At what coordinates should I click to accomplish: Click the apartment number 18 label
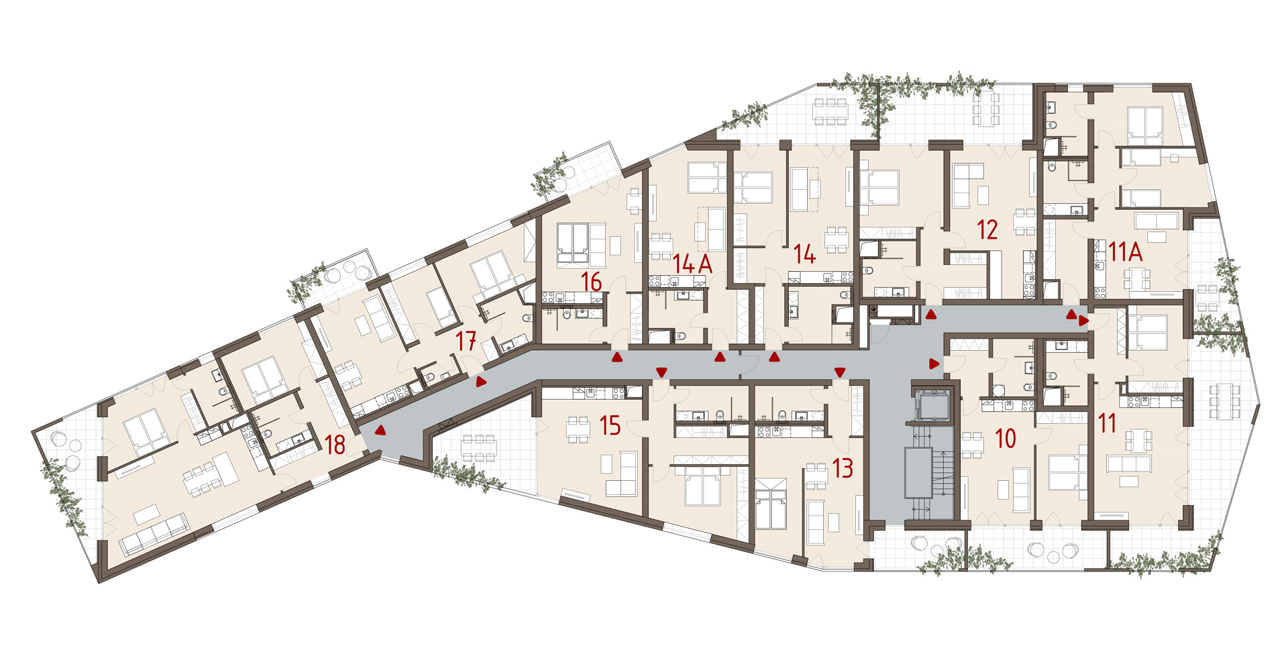pos(335,445)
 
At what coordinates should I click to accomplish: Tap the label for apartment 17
pos(466,341)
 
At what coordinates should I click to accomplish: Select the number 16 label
pos(591,282)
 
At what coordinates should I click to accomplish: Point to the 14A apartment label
pos(692,264)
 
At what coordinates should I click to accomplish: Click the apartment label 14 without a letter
pos(804,254)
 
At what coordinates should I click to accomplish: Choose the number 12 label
pos(987,229)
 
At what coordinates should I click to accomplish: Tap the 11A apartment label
pos(1125,252)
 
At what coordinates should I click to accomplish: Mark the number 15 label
pos(610,425)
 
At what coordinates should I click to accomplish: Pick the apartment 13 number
pos(843,468)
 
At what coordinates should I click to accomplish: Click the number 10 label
pos(1005,439)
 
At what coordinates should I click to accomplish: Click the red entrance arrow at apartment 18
pos(380,431)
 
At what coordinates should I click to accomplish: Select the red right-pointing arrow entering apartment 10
pos(934,364)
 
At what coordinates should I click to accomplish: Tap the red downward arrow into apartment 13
pos(839,372)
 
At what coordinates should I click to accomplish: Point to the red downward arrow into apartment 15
pos(661,372)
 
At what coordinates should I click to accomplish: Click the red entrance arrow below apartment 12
pos(931,314)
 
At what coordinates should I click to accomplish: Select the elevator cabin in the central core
pos(932,405)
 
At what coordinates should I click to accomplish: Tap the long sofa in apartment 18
pos(154,535)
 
